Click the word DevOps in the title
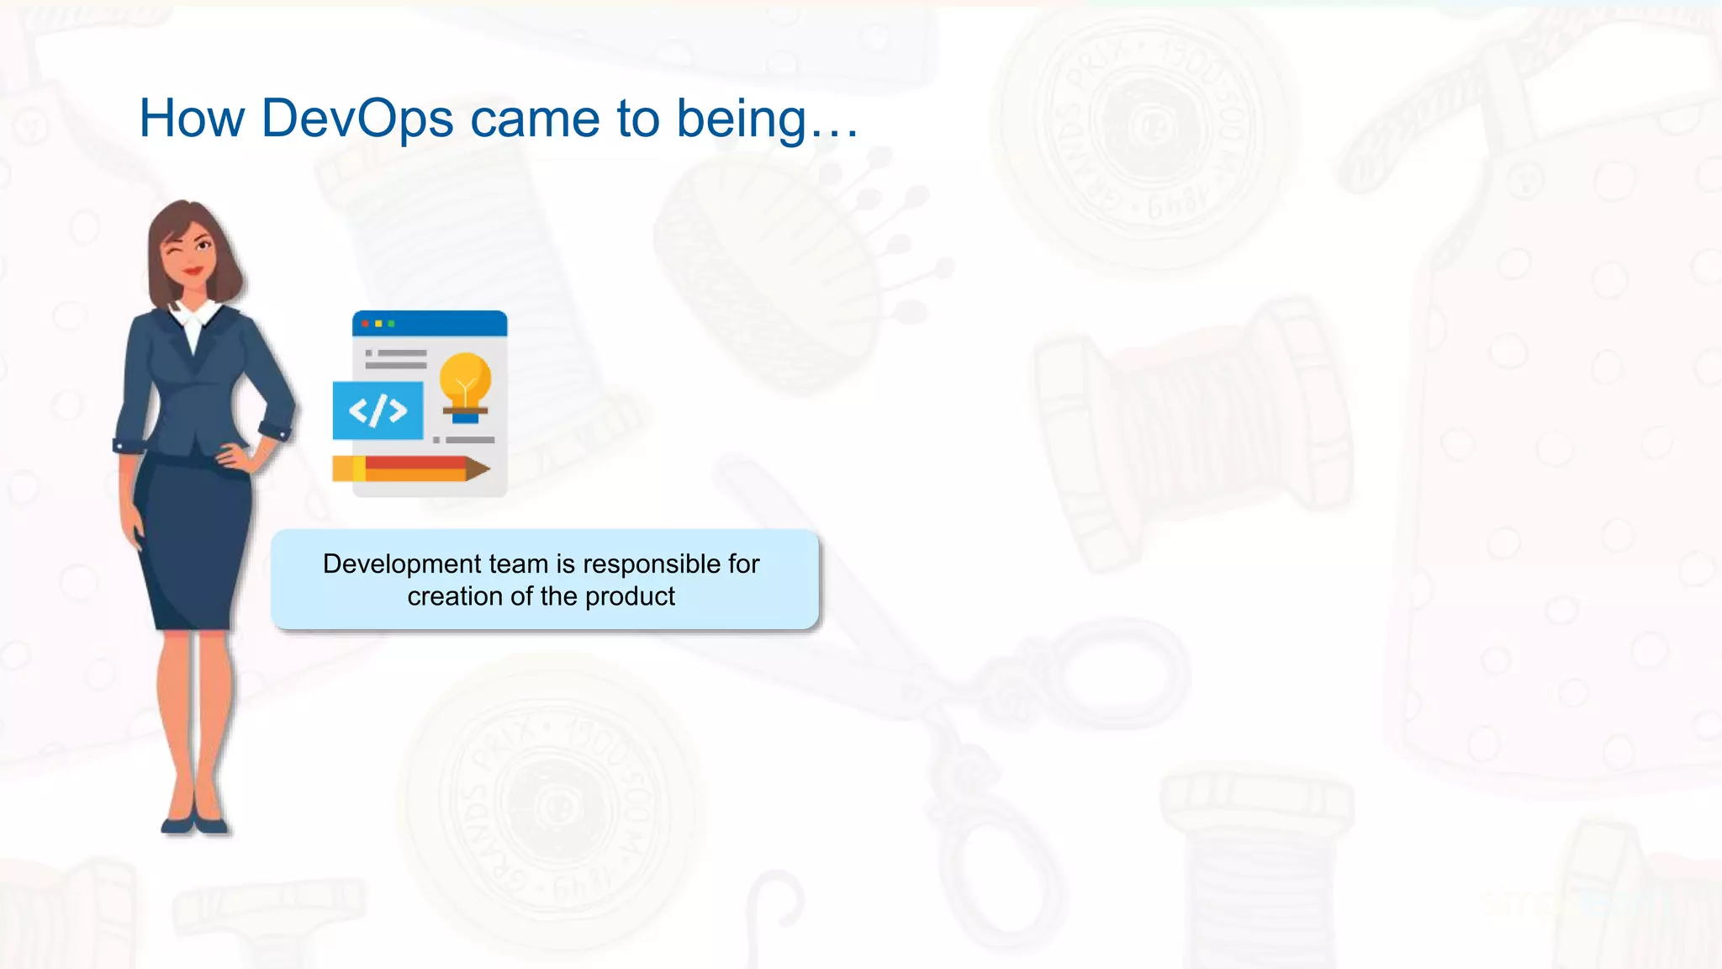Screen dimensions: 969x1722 pos(357,119)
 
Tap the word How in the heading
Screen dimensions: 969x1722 pos(192,119)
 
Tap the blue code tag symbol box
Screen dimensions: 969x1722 pos(378,410)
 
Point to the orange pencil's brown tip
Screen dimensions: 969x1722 pos(478,469)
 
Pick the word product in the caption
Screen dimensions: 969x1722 pos(630,596)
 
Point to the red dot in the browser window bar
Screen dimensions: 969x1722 pos(365,324)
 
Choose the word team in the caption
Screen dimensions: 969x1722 pos(517,564)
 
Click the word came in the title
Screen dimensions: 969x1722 pos(535,119)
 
